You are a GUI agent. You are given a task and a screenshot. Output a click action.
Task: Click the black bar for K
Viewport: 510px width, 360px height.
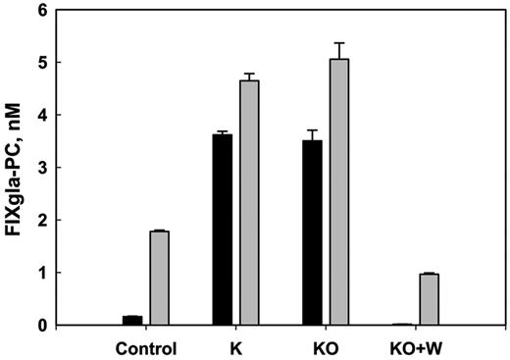tap(223, 230)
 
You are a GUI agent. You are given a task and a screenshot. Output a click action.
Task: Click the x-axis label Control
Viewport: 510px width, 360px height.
tap(146, 346)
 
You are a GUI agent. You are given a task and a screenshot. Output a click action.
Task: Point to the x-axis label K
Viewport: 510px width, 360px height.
tap(235, 346)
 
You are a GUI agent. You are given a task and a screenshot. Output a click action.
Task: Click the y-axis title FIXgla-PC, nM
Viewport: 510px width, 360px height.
tap(19, 165)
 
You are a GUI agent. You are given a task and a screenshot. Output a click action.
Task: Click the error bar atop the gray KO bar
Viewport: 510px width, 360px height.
tap(339, 50)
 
